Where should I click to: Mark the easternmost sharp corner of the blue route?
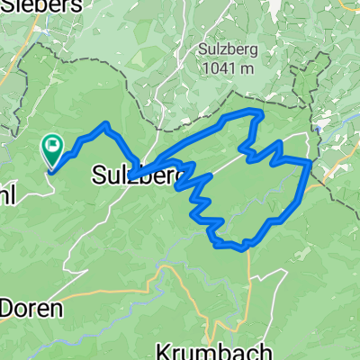311,162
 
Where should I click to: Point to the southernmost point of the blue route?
243,249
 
